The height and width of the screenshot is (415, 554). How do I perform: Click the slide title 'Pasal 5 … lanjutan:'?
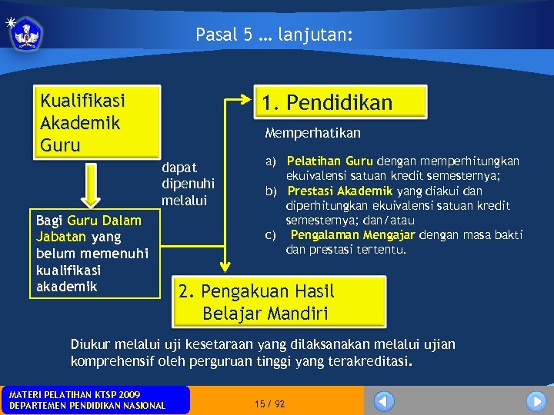pos(274,35)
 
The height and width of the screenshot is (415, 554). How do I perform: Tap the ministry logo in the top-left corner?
pos(25,34)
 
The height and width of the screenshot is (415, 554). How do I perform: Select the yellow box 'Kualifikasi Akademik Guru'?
pos(98,122)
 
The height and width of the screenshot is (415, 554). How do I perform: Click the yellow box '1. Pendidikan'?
pos(339,102)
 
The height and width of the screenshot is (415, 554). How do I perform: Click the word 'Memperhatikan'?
pos(312,133)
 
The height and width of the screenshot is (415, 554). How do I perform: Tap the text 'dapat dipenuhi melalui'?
pos(189,184)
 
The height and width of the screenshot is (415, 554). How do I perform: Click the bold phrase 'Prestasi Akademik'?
pos(339,191)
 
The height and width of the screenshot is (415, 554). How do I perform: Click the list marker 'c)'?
pos(271,234)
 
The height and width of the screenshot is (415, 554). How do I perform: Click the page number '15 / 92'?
pos(269,403)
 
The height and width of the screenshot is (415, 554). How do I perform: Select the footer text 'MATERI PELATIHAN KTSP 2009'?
pos(75,394)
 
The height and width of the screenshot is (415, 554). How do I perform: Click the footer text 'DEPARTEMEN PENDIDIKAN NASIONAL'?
pos(86,405)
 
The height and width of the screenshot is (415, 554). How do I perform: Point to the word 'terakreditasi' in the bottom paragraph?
pos(369,360)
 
